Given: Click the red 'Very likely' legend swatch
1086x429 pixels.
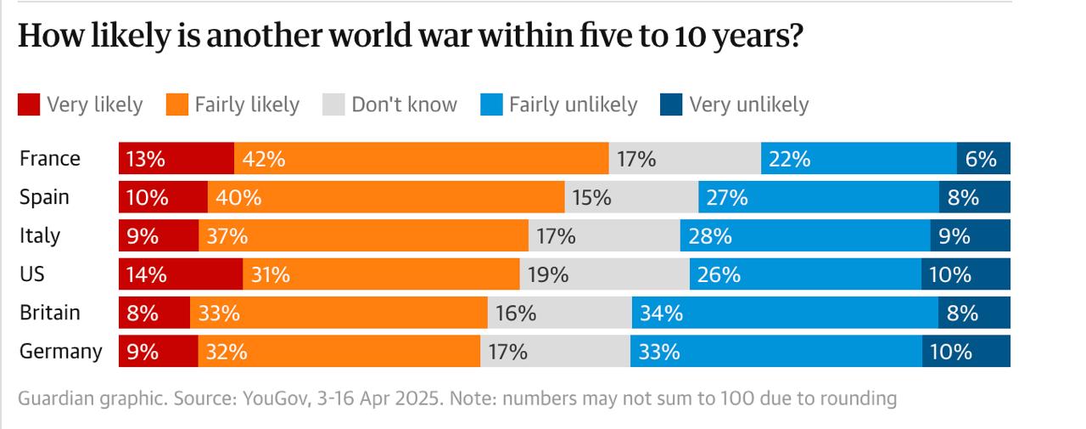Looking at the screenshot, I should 28,104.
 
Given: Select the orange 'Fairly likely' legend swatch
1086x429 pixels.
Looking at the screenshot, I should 176,104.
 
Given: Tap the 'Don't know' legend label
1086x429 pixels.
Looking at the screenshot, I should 404,104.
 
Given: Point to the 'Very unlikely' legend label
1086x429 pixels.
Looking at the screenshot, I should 748,104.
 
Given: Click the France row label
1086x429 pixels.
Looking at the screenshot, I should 50,159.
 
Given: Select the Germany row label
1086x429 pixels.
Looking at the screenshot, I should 61,352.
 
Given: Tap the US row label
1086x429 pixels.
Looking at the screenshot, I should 33,274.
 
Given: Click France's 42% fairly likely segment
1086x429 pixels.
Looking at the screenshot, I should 421,159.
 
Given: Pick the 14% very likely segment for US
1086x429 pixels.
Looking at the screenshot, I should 180,274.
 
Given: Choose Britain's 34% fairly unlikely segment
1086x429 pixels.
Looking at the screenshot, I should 785,313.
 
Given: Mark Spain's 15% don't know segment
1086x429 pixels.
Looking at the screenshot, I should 631,198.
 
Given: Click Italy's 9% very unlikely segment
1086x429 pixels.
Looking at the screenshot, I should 970,236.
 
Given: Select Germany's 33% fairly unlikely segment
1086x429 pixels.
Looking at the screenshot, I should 775,352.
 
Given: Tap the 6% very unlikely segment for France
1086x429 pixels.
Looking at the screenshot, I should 983,159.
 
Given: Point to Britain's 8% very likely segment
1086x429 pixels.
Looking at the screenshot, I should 154,313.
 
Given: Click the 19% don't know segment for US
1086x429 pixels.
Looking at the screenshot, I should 604,274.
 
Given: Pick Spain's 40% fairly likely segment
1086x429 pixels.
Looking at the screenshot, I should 386,198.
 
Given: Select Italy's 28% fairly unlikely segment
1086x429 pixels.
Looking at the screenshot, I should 804,236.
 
